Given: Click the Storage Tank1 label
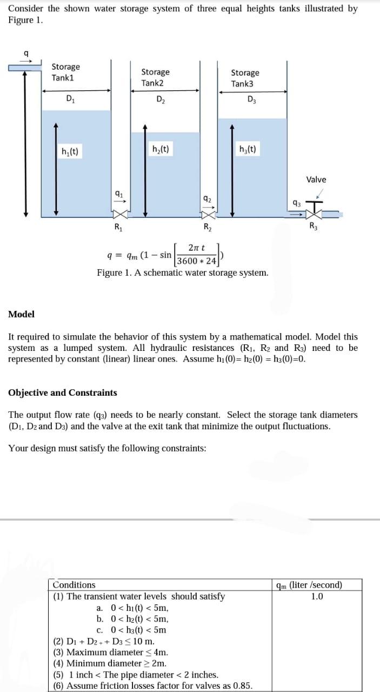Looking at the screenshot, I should coord(65,72).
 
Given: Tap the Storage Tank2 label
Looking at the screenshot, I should coord(155,77).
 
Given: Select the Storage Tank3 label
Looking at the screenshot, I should coord(245,78).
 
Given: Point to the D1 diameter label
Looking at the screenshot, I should coord(70,98).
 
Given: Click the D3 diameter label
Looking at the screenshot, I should coord(251,98).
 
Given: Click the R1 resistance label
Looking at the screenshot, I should coord(118,226).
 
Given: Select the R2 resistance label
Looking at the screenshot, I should coord(208,226).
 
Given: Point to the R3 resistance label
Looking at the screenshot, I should coord(314,226).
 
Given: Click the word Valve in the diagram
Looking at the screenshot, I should coord(316,179).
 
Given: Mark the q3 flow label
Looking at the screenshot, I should coord(296,204).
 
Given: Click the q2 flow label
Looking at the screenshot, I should coord(206,199).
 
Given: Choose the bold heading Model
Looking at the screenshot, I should coord(22,314).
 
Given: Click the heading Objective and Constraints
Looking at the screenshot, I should coord(63,392).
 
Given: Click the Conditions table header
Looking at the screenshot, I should coord(74,585).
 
